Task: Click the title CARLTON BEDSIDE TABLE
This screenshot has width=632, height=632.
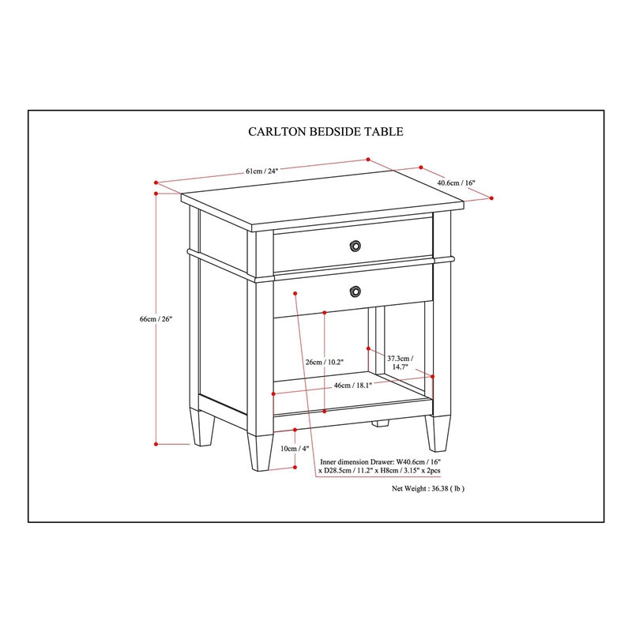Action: (325, 132)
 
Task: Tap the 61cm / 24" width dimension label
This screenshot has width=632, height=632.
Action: (262, 171)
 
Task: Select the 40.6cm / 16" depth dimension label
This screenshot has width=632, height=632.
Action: (457, 182)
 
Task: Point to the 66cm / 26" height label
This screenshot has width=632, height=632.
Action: (156, 319)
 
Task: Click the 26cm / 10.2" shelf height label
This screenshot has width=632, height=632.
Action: (325, 362)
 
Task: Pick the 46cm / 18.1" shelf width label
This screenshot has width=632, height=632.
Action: (352, 386)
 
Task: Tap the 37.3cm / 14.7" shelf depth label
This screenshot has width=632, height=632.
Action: (401, 363)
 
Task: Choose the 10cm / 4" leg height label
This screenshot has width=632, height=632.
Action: (295, 449)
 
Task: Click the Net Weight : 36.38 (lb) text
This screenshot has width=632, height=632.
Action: (428, 488)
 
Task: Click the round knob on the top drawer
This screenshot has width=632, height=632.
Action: (355, 246)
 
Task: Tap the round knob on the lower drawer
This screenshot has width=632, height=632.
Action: (355, 291)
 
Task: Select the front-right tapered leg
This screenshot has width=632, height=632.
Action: (438, 433)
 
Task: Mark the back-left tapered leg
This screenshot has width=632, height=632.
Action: (202, 427)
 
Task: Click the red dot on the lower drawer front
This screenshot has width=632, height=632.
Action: (295, 293)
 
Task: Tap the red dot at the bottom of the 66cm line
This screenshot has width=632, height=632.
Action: (156, 444)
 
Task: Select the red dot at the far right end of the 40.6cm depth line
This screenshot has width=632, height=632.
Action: (491, 198)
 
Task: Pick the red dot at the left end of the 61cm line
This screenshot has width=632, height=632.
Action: (156, 182)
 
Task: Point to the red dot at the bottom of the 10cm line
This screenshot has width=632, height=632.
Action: (295, 467)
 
